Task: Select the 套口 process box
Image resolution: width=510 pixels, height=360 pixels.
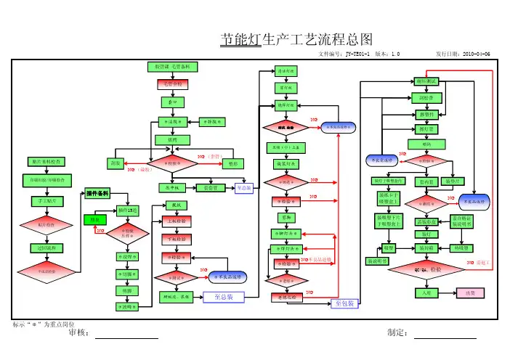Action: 171,102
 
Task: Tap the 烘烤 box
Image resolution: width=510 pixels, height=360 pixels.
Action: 171,139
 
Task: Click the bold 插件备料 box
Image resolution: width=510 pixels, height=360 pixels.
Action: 98,193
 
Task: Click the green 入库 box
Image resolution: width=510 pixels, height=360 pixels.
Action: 424,293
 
